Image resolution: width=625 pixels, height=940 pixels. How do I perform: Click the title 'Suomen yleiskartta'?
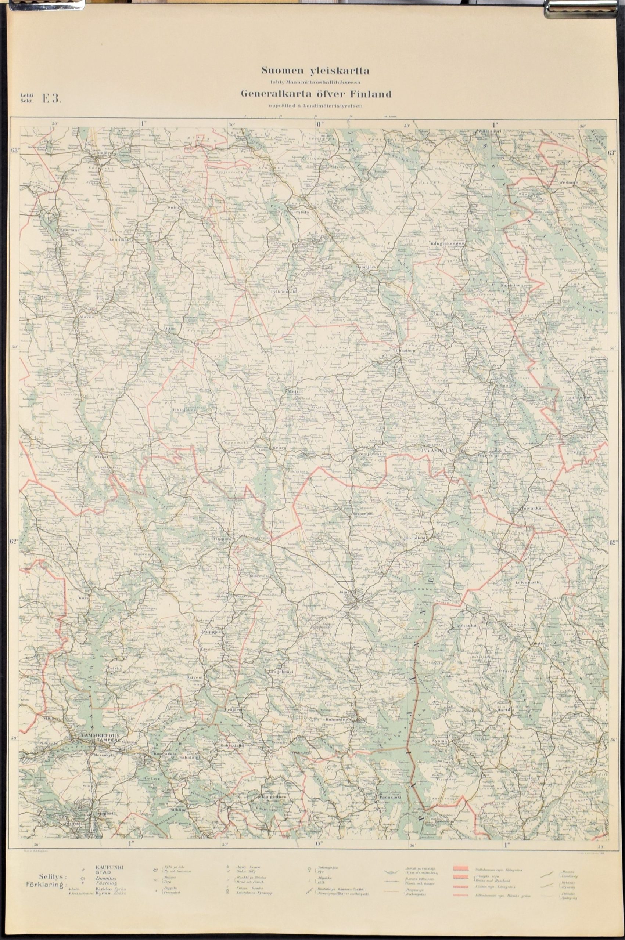(316, 71)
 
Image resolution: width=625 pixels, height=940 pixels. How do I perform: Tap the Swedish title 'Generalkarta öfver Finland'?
(316, 94)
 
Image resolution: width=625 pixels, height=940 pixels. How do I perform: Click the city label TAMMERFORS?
(95, 735)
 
